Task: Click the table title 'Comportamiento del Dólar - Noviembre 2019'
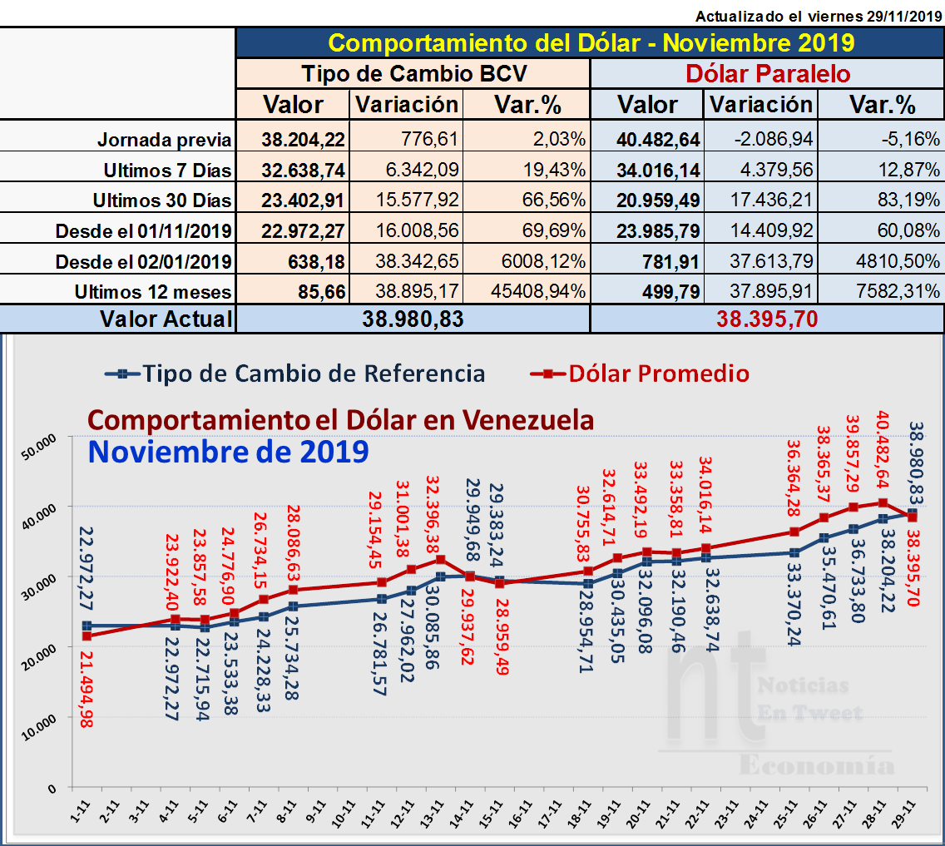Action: click(591, 42)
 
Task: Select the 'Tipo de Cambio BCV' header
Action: click(413, 73)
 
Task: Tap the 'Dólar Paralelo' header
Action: click(767, 73)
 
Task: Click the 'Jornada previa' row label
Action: click(166, 139)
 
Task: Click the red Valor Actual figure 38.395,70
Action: click(768, 319)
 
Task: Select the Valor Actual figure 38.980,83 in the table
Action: click(413, 319)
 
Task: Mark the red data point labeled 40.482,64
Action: click(883, 503)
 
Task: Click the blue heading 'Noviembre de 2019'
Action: click(229, 452)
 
